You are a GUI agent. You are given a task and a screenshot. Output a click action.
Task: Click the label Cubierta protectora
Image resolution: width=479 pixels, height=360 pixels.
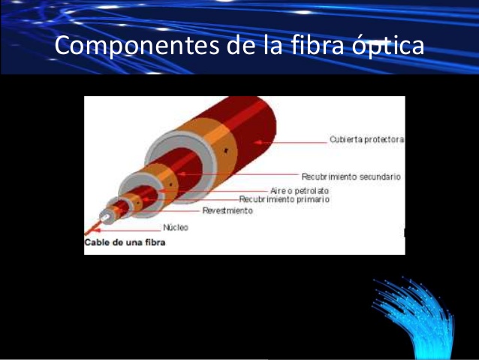pyautogui.click(x=366, y=140)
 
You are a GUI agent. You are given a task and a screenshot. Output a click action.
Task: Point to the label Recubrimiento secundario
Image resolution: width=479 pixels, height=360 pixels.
pyautogui.click(x=351, y=177)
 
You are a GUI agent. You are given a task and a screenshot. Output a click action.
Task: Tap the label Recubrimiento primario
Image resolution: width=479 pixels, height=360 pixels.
pyautogui.click(x=284, y=200)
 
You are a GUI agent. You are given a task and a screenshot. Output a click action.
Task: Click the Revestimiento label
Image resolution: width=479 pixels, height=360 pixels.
pyautogui.click(x=227, y=211)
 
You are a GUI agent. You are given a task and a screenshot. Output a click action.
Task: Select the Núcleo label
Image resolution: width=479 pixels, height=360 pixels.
pyautogui.click(x=175, y=227)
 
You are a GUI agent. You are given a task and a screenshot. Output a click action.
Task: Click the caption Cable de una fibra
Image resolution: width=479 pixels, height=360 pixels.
pyautogui.click(x=125, y=243)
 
